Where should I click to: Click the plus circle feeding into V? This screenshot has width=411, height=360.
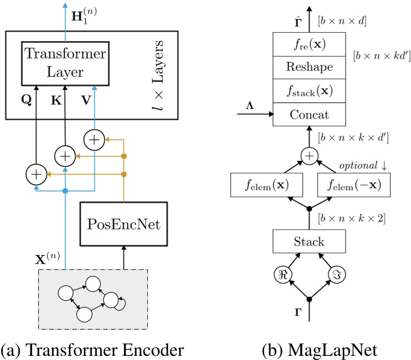tap(94, 140)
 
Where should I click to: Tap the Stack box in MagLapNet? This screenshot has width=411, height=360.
tap(310, 242)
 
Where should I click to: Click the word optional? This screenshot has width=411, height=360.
tap(356, 165)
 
